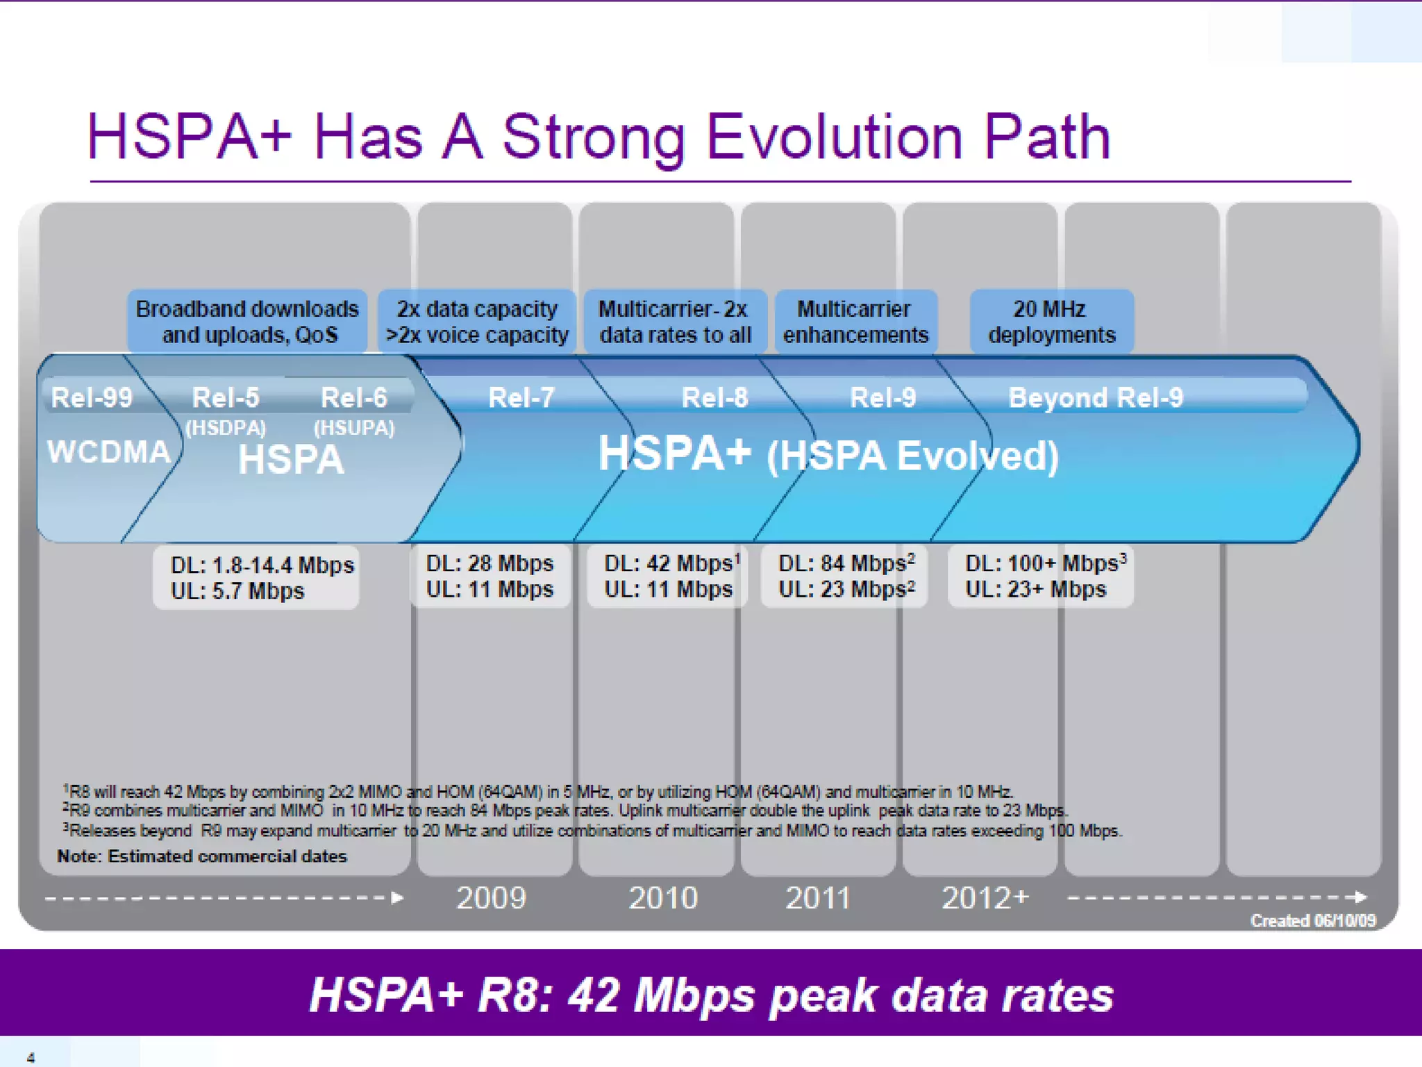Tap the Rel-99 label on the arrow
coord(92,397)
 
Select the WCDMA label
coord(108,452)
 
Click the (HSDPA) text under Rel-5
coord(226,428)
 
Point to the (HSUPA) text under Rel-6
coord(354,428)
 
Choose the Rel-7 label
coord(521,397)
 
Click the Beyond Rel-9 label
coord(1095,397)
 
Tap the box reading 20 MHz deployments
coord(1051,322)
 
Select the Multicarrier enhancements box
coord(855,322)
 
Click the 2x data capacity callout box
coord(477,322)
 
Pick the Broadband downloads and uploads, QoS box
coord(247,322)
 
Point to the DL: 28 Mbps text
coord(490,563)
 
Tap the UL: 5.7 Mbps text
coord(237,591)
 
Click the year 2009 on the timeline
coord(491,898)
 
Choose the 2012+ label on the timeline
coord(985,898)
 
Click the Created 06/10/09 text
coord(1312,920)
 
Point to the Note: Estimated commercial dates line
coord(201,856)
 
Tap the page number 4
coord(31,1057)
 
